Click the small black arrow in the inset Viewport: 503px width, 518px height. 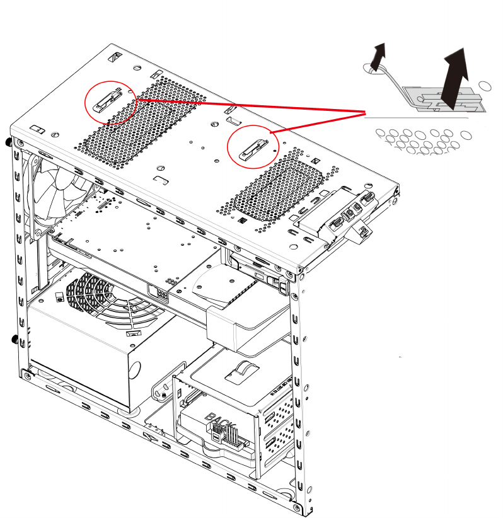coord(376,56)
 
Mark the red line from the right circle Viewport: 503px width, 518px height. coord(318,122)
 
